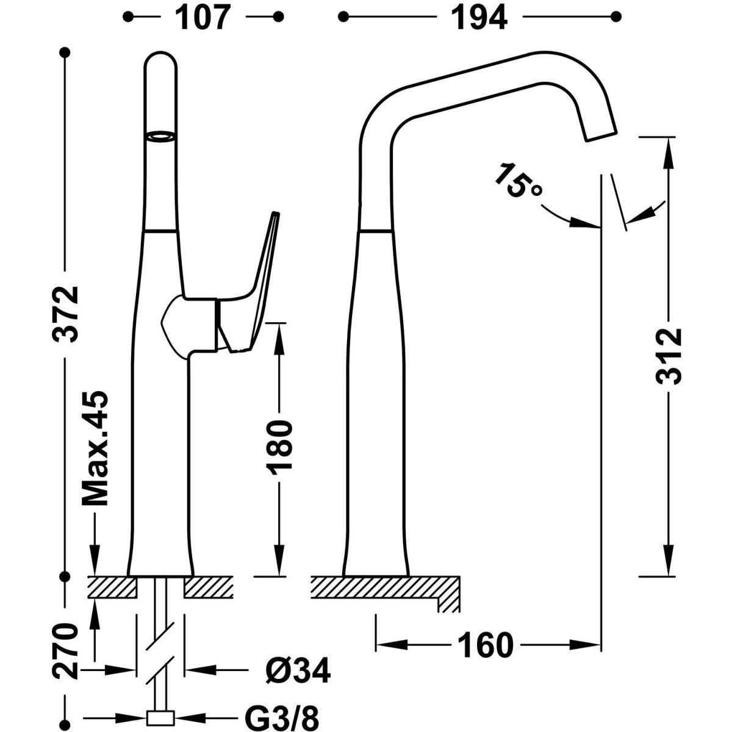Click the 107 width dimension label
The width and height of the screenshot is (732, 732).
(x=204, y=18)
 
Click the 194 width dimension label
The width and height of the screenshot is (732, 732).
(x=479, y=18)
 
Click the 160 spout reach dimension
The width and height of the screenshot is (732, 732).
(x=486, y=645)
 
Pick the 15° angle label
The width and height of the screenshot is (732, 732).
(x=517, y=180)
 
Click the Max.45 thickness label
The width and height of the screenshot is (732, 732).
(x=96, y=448)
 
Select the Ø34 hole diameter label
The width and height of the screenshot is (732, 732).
(x=298, y=671)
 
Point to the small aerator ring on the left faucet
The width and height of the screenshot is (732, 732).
(x=161, y=137)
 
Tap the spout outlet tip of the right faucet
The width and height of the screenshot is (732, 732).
(x=601, y=136)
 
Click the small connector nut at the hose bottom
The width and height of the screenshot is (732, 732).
(x=161, y=718)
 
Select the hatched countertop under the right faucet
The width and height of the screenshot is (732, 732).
(x=384, y=587)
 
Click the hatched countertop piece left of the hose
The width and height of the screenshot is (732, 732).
(x=112, y=587)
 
